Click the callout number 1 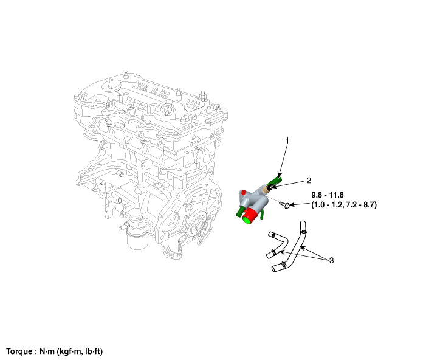[x=287, y=141]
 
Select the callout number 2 [x=309, y=180]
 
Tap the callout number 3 [x=331, y=260]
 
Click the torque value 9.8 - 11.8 [x=328, y=195]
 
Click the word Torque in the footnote [x=19, y=351]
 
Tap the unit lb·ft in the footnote [x=93, y=351]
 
